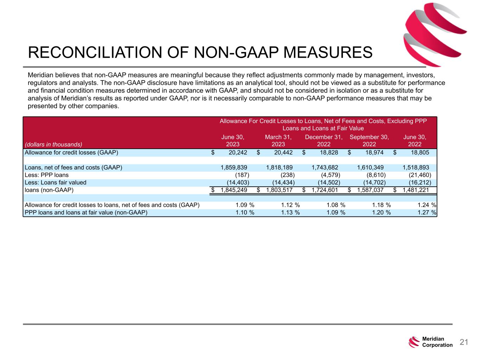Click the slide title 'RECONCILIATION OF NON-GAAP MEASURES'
tap(200, 53)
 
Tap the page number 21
tap(464, 342)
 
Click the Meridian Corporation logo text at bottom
tap(437, 342)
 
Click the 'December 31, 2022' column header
tap(324, 141)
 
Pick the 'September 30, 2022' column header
tap(369, 141)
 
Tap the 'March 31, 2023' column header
tap(278, 141)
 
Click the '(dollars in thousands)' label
tap(53, 144)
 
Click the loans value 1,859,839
tap(234, 168)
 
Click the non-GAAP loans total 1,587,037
tap(370, 190)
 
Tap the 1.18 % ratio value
tap(381, 205)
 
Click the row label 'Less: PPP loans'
tap(47, 175)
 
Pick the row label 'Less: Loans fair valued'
tap(55, 182)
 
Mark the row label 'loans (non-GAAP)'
tap(49, 190)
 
